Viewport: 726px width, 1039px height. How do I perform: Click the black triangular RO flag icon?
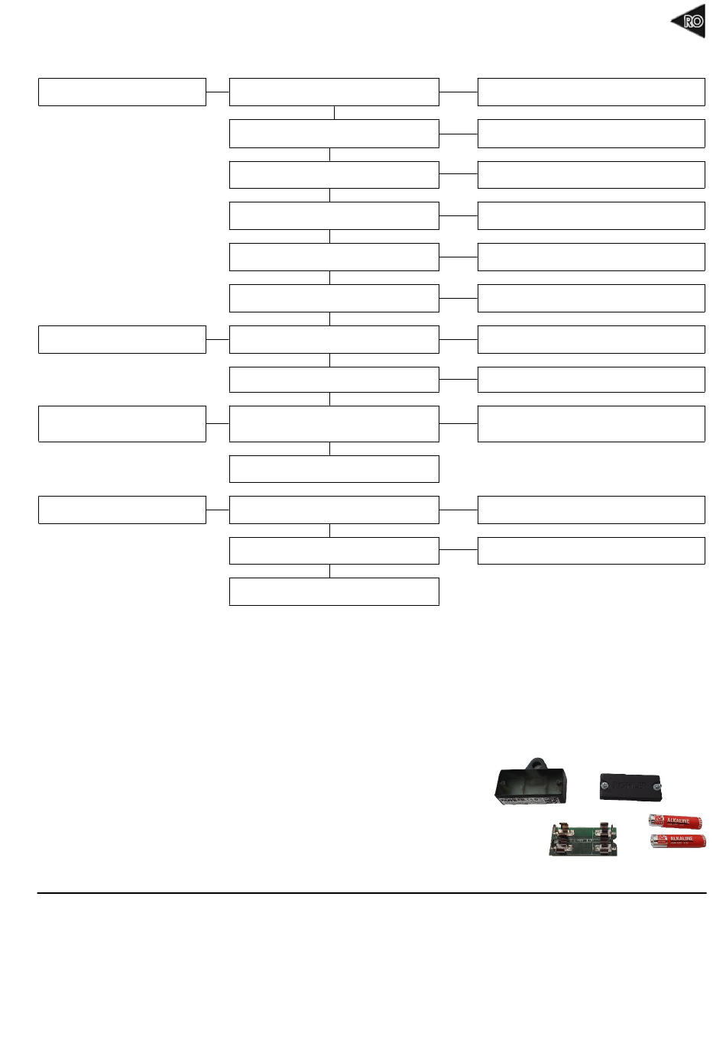pos(689,21)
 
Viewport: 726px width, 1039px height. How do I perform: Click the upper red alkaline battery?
pos(676,821)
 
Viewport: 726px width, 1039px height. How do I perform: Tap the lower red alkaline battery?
pos(678,841)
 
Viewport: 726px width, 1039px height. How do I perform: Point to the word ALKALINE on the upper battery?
pos(679,821)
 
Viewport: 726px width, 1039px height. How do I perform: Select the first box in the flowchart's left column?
pos(122,92)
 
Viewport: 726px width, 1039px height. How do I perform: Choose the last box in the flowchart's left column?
pos(122,510)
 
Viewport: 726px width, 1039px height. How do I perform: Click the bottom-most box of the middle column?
pos(334,591)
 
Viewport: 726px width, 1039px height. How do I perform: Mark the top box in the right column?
pos(591,92)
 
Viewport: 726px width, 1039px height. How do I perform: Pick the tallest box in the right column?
pos(591,423)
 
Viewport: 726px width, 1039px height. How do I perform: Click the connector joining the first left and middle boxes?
pos(218,92)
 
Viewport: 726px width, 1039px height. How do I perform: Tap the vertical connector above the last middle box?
pos(330,571)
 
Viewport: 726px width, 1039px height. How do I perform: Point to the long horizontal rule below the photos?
pos(371,892)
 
